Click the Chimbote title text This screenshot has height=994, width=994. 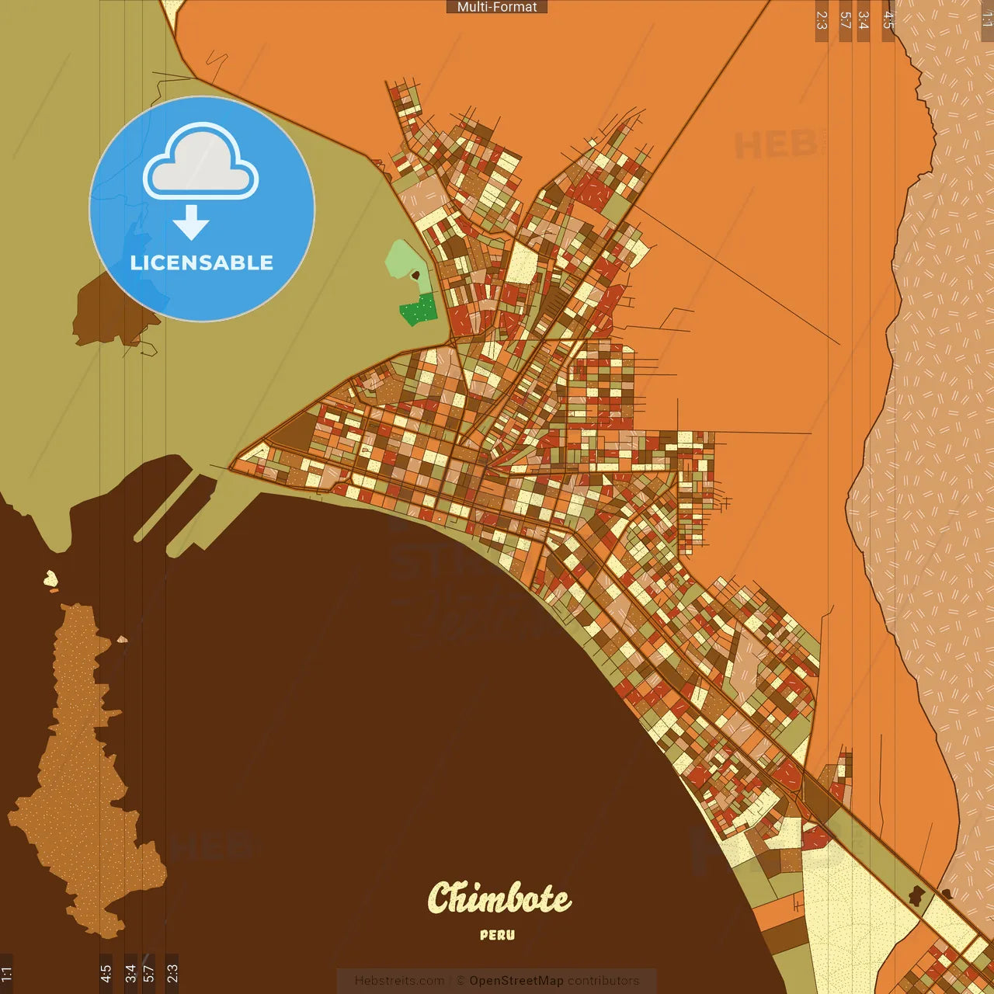[x=499, y=898]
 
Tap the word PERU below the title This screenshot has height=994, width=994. [x=497, y=935]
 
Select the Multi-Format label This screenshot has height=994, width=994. [x=497, y=7]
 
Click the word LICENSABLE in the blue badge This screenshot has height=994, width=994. [x=202, y=262]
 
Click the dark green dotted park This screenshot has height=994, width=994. [x=419, y=311]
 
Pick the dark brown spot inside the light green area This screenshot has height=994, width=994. [x=415, y=275]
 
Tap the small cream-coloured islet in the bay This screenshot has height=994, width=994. [x=50, y=578]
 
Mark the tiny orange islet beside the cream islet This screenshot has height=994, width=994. [x=54, y=591]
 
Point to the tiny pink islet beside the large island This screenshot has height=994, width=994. [x=122, y=640]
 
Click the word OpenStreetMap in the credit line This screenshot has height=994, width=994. [x=516, y=981]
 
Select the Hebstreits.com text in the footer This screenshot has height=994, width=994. [x=399, y=981]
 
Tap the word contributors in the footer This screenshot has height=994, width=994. [x=603, y=981]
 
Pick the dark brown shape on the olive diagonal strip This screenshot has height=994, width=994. [x=917, y=895]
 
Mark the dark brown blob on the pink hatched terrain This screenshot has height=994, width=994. [x=947, y=894]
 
